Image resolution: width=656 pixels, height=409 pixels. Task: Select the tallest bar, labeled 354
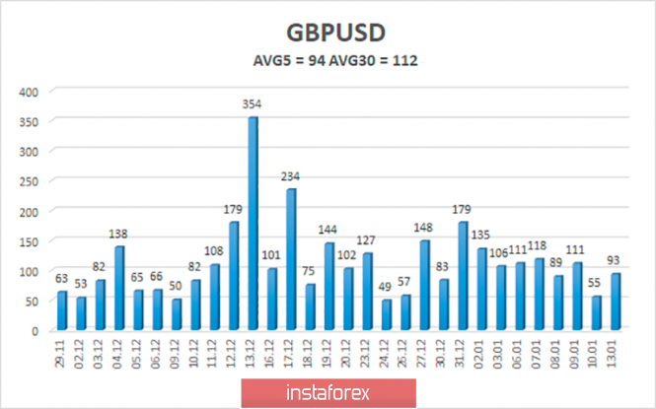point(253,223)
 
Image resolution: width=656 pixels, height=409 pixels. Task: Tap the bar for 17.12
point(291,258)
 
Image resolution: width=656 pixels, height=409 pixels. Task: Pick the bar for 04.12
point(118,287)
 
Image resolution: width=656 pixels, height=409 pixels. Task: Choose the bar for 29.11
point(61,309)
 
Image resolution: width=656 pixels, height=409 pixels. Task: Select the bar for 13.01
point(614,301)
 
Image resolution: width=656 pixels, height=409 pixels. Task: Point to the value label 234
point(290,176)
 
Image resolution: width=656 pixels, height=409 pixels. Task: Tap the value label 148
point(424,229)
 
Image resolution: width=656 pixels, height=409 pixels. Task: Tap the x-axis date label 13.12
point(253,353)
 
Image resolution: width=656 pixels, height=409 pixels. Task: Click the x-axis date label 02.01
point(481,353)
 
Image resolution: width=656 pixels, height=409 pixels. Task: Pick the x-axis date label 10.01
point(595,353)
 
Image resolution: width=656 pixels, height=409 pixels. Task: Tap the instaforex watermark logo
point(328,392)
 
